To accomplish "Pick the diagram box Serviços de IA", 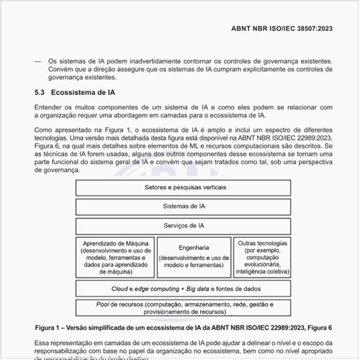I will tap(181, 225).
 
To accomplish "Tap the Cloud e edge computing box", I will tap(181, 289).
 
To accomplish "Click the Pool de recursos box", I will tap(181, 308).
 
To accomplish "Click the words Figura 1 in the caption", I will tap(50, 327).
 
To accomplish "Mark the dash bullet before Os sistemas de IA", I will tap(37, 61).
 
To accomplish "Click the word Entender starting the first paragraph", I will tap(49, 107).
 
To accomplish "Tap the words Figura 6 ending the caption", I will tap(318, 327).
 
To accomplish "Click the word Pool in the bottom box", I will tap(104, 304).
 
